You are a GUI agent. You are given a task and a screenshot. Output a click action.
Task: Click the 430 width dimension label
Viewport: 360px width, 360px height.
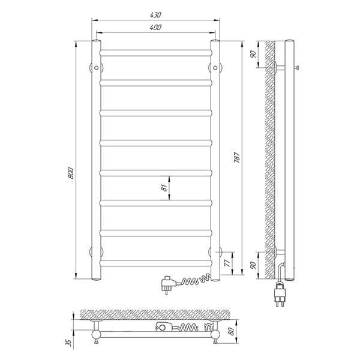coord(155,15)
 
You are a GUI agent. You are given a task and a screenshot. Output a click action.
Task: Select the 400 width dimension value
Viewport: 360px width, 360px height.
coord(155,28)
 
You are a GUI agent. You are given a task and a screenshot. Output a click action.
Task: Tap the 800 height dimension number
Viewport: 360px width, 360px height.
coord(71,173)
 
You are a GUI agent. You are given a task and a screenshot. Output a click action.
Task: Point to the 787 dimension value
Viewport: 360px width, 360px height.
coord(237,157)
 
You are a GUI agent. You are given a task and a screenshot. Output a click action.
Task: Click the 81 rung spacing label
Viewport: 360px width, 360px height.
coord(164,188)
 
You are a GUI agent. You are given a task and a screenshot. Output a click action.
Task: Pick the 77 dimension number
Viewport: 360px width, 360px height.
coord(227,263)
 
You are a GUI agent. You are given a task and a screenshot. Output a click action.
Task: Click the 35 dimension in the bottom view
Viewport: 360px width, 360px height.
coord(69,343)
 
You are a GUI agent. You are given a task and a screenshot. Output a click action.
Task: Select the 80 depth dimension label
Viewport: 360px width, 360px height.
coord(231,331)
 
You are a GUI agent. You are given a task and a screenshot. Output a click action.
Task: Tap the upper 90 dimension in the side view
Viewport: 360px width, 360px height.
coord(253,54)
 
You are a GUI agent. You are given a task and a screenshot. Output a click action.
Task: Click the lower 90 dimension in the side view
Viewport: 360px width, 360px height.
coord(253,265)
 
